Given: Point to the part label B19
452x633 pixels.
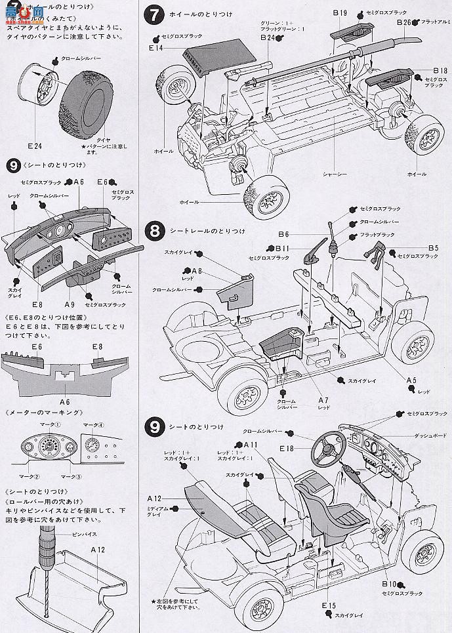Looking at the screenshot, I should click(339, 13).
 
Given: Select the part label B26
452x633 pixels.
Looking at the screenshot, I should click(404, 22).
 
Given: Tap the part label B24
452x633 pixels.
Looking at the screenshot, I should click(266, 39).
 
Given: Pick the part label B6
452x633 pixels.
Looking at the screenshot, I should click(284, 234).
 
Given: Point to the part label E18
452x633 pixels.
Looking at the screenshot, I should click(286, 449).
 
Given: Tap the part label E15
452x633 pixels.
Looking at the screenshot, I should click(329, 605).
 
